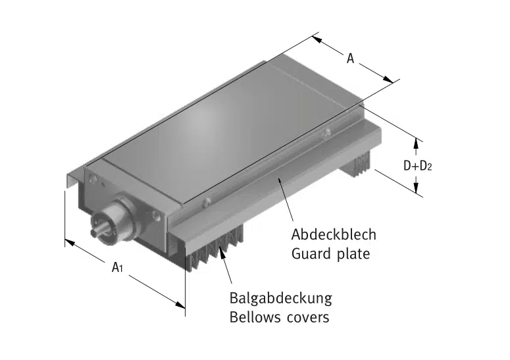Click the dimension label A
(x=351, y=59)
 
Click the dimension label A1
(x=118, y=267)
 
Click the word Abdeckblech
(x=334, y=235)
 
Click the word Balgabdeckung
(x=281, y=297)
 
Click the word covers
(x=307, y=318)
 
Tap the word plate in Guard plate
(x=352, y=253)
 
